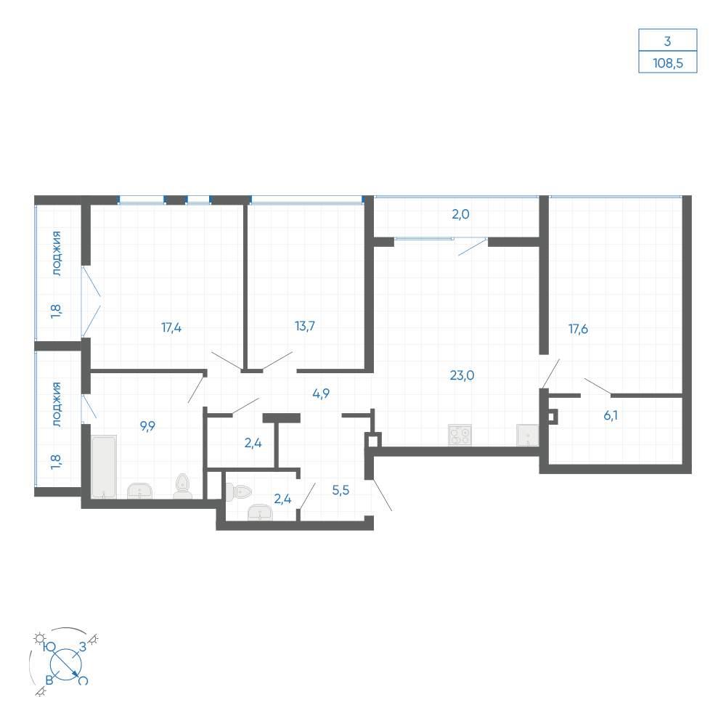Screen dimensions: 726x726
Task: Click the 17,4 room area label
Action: (171, 328)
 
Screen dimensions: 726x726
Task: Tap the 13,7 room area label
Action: (305, 326)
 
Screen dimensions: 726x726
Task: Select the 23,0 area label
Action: (462, 375)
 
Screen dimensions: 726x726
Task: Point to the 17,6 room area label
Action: (579, 329)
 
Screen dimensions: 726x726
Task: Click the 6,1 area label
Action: (611, 415)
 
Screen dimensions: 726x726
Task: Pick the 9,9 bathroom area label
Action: (147, 426)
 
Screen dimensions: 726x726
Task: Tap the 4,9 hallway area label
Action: (321, 393)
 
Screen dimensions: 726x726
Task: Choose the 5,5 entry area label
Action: (340, 490)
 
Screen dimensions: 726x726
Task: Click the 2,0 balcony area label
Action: (461, 214)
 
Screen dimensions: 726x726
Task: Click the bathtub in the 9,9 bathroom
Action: (104, 466)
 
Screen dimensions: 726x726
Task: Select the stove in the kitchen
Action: (460, 435)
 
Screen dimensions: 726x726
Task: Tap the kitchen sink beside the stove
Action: (528, 435)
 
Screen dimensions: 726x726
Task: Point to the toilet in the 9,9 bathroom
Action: (183, 486)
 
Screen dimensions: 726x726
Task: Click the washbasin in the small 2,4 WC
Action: (260, 512)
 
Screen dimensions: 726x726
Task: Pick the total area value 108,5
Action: (668, 63)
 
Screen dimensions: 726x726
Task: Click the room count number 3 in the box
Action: (667, 41)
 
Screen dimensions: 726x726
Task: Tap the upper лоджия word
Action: (57, 253)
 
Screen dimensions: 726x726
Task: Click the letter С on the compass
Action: (83, 681)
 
